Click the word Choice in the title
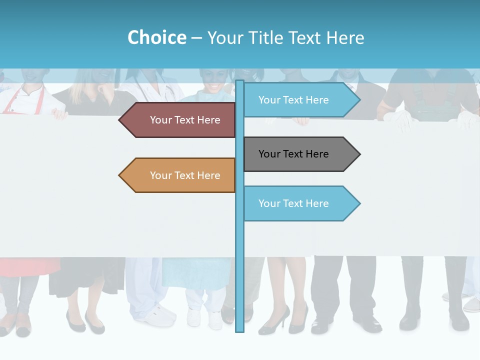coord(156,37)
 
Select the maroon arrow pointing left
coord(180,120)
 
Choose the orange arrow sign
coord(180,175)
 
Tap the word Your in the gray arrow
coord(269,154)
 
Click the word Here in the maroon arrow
coord(209,120)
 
